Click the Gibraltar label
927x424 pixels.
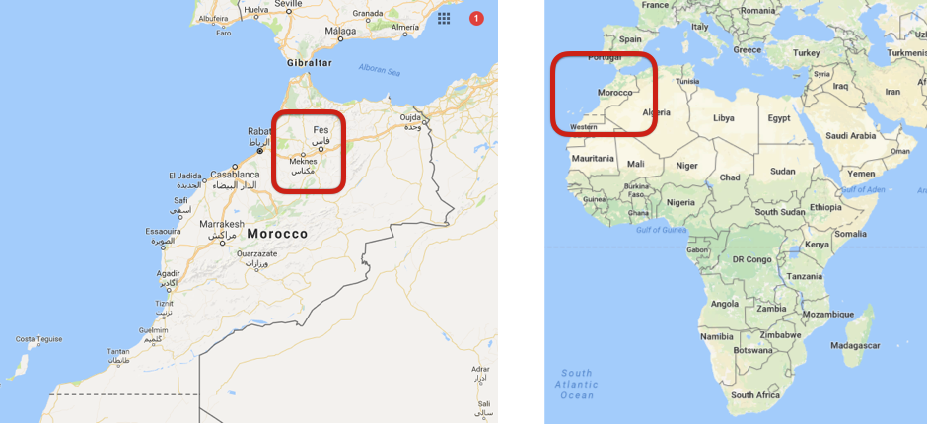[x=309, y=62]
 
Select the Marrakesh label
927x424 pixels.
[x=221, y=224]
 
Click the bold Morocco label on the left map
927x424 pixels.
[x=277, y=234]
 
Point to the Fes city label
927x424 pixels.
[x=321, y=130]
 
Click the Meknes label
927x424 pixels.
[x=303, y=162]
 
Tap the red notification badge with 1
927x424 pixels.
[x=477, y=18]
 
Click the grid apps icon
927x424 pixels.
[x=445, y=18]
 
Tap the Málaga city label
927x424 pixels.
[x=339, y=32]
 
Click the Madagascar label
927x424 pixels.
[x=855, y=346]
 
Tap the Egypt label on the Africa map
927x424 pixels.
[x=779, y=118]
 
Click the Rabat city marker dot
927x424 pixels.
[x=260, y=151]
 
